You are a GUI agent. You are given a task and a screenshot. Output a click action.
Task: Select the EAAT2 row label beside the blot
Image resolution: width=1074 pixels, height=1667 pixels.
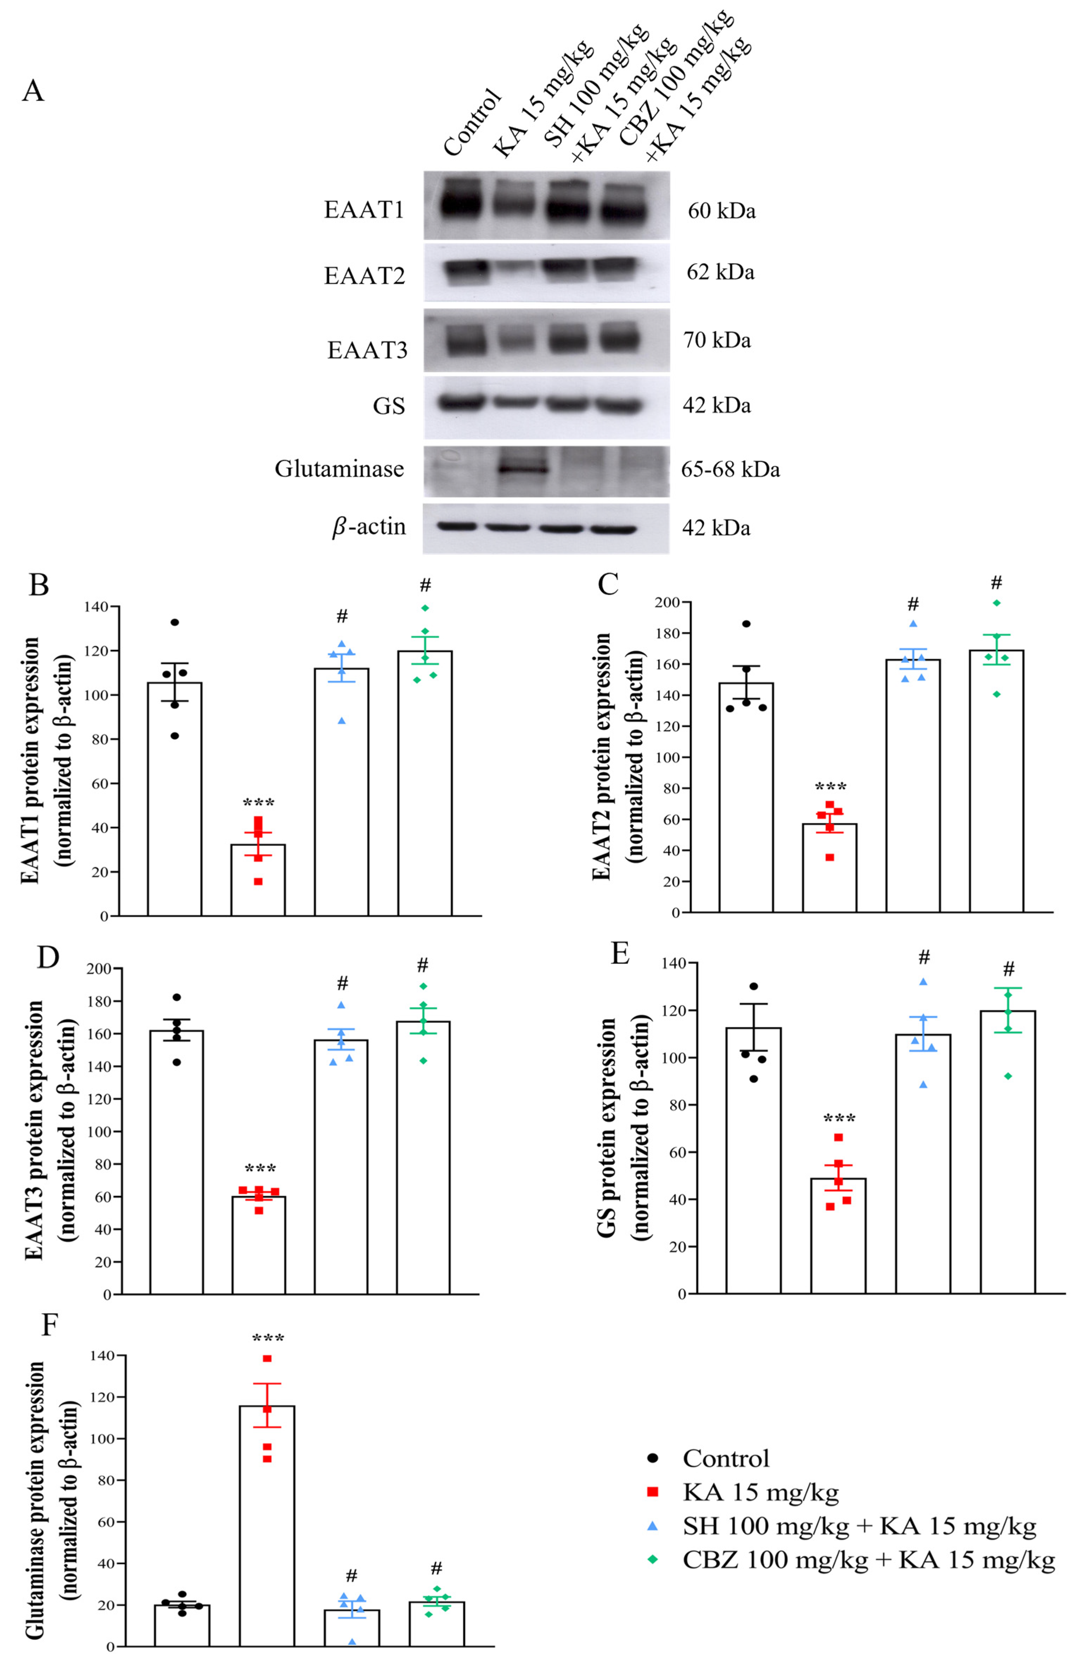tap(364, 276)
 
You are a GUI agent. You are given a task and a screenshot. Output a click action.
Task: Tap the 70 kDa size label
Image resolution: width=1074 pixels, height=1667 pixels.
tap(717, 340)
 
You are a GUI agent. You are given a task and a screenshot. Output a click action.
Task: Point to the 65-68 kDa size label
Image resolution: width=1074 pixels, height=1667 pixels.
tap(730, 469)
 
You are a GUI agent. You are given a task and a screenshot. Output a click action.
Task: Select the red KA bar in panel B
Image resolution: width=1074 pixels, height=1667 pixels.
tap(258, 880)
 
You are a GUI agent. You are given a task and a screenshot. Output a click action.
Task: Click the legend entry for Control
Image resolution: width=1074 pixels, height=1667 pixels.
tap(725, 1459)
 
